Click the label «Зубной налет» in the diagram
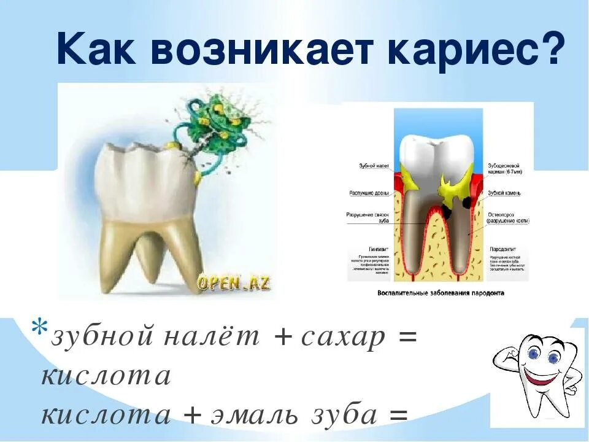(374, 166)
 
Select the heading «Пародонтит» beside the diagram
(503, 249)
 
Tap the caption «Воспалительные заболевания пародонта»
(441, 293)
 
